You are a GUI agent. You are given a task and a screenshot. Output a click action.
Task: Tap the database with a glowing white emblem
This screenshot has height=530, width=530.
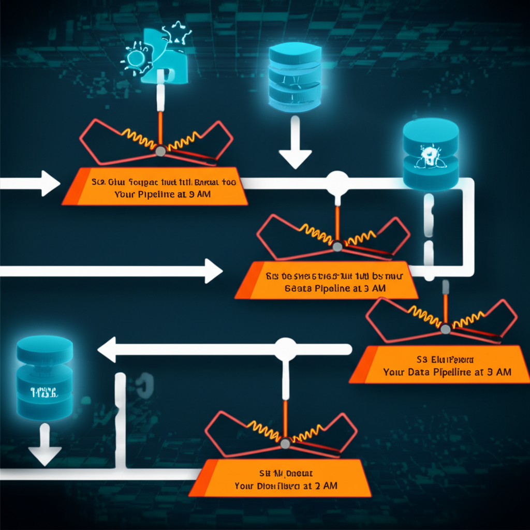pos(430,154)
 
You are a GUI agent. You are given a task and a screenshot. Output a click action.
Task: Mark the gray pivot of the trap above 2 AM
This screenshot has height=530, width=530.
pos(285,443)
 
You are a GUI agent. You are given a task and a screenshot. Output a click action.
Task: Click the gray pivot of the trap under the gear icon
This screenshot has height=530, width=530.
pos(160,151)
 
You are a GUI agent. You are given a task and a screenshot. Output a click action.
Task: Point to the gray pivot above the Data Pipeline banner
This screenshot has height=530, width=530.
pos(445,328)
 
